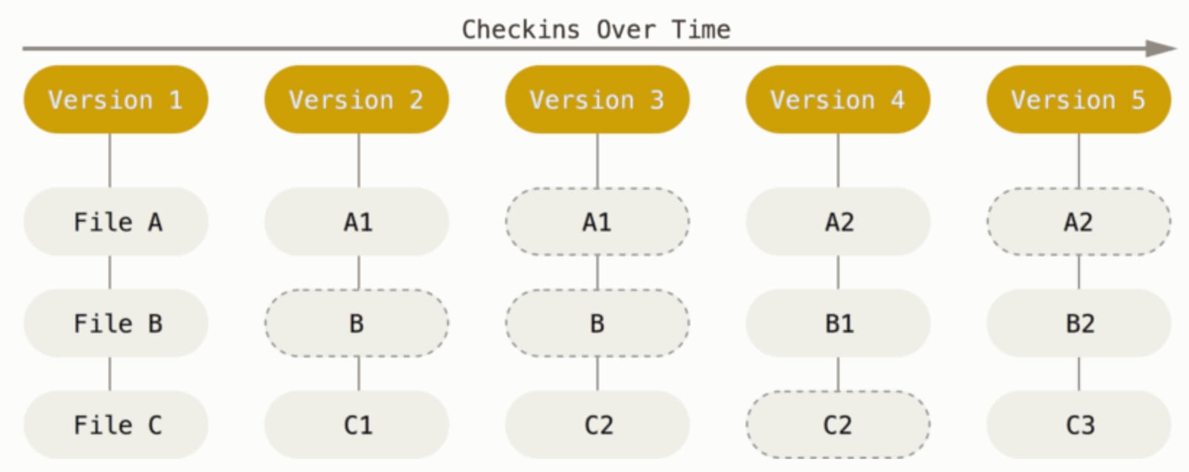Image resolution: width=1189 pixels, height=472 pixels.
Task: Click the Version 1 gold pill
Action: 116,100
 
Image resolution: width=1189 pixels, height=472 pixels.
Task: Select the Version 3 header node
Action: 598,100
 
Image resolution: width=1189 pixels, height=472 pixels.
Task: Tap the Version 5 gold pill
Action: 1079,100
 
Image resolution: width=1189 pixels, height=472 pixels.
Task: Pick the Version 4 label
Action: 838,100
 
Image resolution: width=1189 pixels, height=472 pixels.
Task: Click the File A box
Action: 116,222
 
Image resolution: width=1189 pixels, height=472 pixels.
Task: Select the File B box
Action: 116,323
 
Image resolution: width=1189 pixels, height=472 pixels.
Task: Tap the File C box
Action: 116,425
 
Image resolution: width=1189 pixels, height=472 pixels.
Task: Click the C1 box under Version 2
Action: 357,425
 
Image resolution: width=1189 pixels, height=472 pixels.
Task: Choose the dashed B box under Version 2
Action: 357,323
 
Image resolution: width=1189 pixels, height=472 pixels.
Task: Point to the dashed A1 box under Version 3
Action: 598,222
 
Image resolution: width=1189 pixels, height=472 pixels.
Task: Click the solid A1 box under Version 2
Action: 357,222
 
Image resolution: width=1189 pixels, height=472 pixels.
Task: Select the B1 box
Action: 838,323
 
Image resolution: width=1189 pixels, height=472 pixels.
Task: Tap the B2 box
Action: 1079,323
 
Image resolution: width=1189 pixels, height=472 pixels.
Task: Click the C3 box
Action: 1079,425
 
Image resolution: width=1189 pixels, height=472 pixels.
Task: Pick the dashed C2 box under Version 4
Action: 838,425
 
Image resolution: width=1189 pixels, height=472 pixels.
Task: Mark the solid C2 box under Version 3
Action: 598,425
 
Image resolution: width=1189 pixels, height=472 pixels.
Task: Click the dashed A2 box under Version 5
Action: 1079,222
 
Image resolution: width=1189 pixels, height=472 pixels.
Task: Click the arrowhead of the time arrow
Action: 1162,48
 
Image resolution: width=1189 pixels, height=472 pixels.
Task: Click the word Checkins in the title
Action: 521,29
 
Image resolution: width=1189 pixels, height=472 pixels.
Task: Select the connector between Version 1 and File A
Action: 110,161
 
